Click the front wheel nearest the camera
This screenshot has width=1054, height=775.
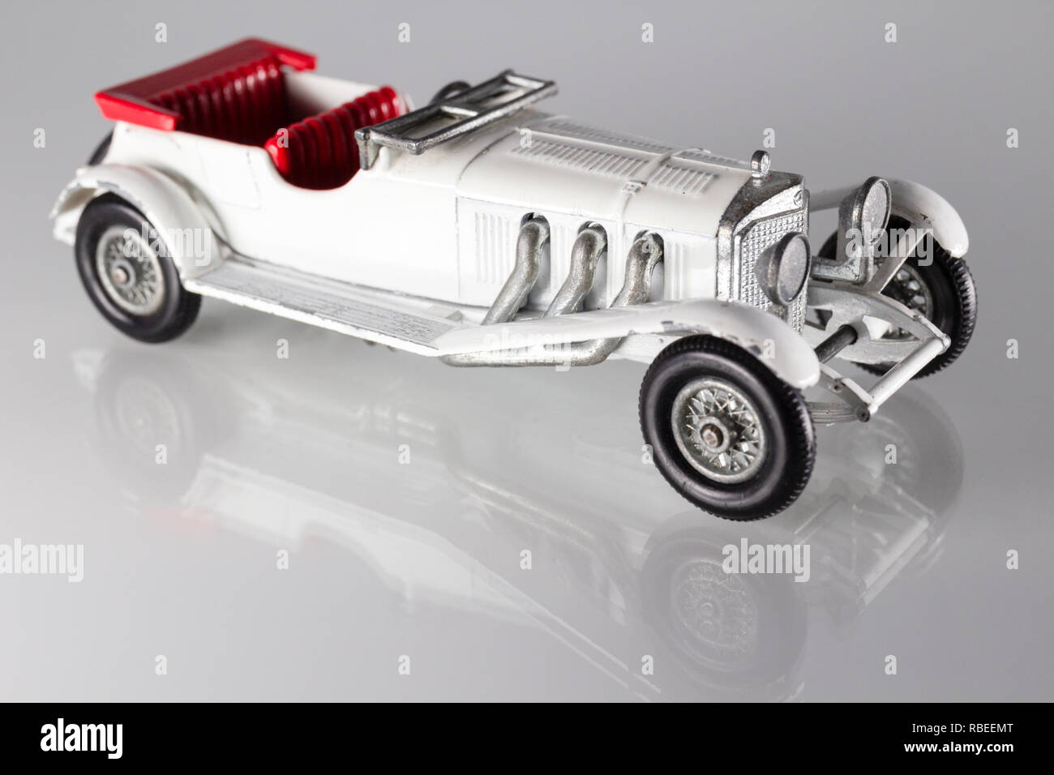(727, 429)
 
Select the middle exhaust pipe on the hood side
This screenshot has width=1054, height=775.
(578, 269)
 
